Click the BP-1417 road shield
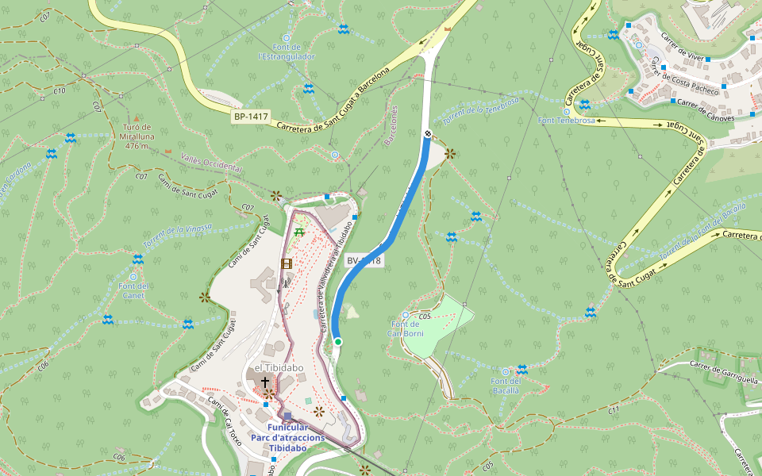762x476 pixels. (x=251, y=117)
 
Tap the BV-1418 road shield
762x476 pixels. (x=364, y=260)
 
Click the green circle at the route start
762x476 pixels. (x=338, y=342)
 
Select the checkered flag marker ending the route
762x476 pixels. (x=428, y=134)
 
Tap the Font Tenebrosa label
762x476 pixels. (x=567, y=121)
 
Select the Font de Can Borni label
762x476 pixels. (x=406, y=328)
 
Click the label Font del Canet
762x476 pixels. (x=133, y=290)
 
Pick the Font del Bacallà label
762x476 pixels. (x=505, y=386)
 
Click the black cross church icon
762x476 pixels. (x=265, y=382)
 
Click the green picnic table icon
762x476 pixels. (x=298, y=232)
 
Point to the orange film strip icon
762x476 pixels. (x=286, y=263)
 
